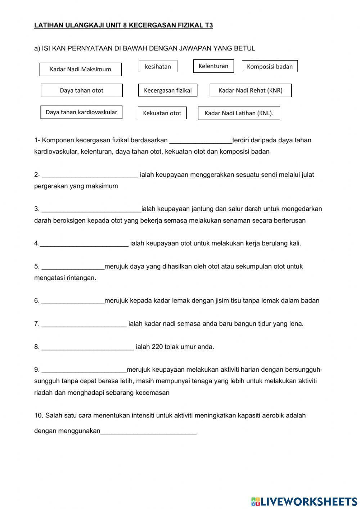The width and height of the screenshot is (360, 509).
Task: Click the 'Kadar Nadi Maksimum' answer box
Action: point(80,69)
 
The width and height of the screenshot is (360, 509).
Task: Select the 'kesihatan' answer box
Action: point(158,66)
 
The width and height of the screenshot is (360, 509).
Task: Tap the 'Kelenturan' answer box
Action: point(213,66)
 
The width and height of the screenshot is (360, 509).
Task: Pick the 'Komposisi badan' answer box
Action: point(270,66)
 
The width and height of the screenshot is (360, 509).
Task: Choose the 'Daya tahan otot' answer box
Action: point(81,90)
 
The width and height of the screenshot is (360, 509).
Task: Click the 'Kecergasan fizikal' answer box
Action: point(168,90)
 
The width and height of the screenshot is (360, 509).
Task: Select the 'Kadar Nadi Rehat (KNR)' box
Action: point(251,90)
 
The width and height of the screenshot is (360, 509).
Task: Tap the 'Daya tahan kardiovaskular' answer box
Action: point(81,112)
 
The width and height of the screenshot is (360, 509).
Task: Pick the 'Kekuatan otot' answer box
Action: point(162,113)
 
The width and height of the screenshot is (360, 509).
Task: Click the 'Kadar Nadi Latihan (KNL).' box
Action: point(239,113)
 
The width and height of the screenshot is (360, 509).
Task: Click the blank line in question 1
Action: point(201,140)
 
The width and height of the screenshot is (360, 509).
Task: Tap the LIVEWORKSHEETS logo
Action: point(304,501)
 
